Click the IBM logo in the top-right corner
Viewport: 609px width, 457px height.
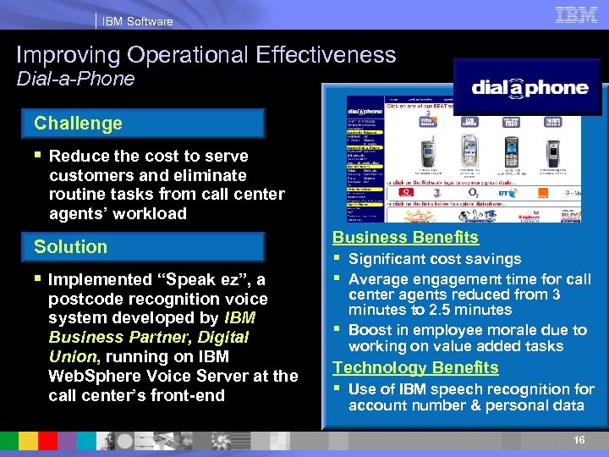tap(578, 14)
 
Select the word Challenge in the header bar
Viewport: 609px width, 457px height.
tap(79, 124)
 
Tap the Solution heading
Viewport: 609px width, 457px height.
tap(71, 247)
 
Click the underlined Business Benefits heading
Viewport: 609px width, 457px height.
tap(405, 238)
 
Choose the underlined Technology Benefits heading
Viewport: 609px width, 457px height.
tap(415, 367)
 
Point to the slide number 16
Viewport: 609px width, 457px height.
tap(579, 440)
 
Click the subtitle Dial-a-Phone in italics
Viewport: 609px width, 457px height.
tap(76, 79)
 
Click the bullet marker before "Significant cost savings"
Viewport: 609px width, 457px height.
tap(337, 259)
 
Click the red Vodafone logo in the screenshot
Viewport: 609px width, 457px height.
tap(405, 193)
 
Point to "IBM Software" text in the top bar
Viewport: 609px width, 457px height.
tap(137, 21)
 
